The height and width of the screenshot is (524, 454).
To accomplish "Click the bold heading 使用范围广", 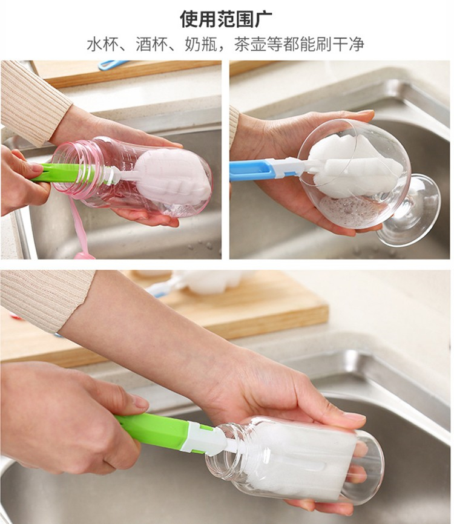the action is [x=226, y=19].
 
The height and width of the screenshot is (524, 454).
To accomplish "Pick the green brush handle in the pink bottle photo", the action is [x=55, y=171].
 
